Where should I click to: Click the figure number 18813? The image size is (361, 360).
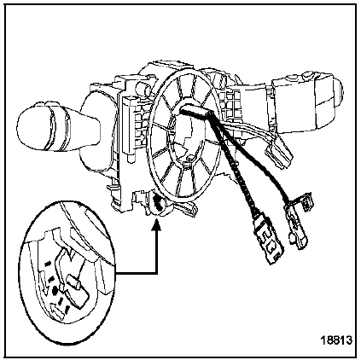336,340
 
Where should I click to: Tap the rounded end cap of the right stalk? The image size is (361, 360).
338,92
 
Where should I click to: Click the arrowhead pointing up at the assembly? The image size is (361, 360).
156,224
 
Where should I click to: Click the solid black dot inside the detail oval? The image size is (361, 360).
55,291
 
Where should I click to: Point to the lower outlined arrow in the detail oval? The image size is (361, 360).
58,309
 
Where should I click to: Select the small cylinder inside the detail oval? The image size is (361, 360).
74,282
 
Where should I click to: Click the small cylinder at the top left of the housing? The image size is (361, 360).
143,89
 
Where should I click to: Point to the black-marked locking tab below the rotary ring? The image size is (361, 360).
158,202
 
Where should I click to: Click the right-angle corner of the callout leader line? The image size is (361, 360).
156,273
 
